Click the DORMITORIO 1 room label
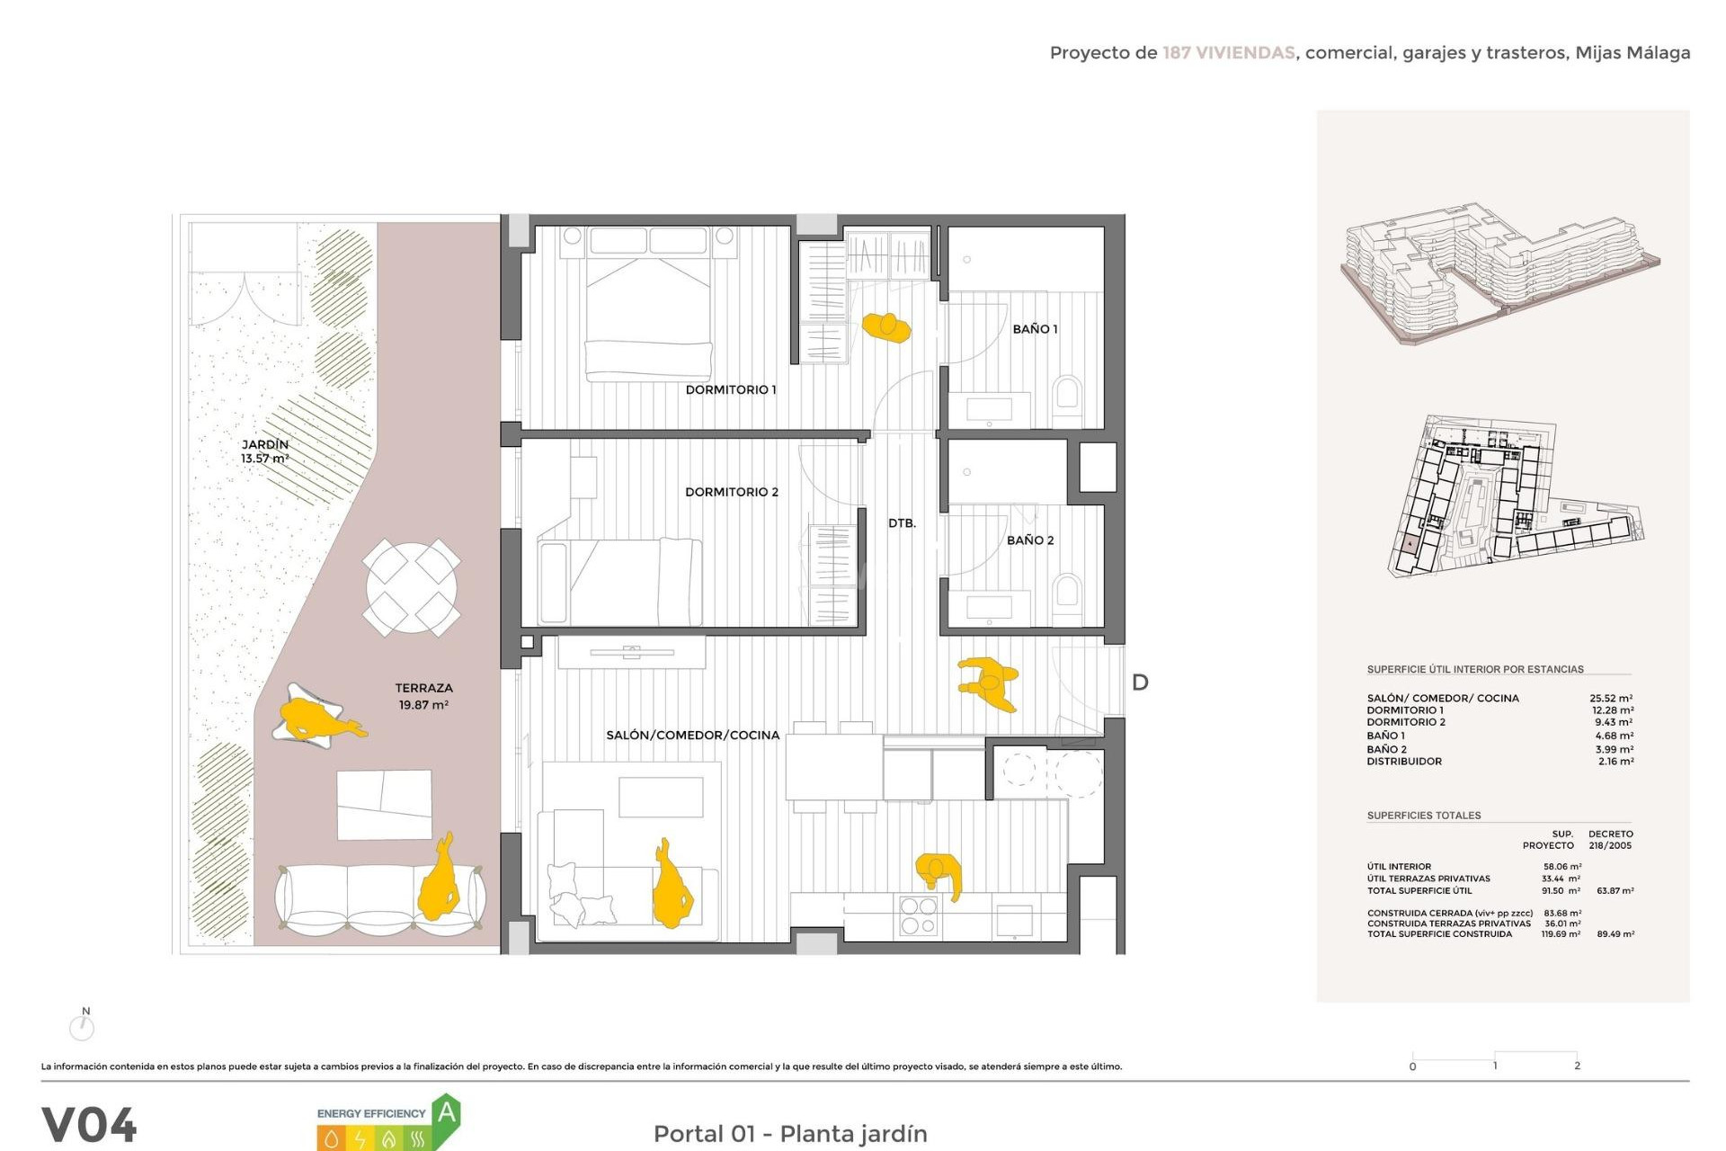(730, 389)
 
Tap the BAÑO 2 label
(1029, 540)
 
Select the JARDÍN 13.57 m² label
(264, 451)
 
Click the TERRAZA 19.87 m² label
(423, 696)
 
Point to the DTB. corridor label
(902, 523)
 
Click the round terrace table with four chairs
(412, 587)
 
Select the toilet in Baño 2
(1067, 593)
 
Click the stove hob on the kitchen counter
(919, 916)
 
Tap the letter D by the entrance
(1140, 683)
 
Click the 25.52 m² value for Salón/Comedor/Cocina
(1611, 698)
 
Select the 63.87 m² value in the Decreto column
(1615, 891)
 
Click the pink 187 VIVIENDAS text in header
(1228, 53)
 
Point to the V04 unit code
(89, 1125)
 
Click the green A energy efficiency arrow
(446, 1114)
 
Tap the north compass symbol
(82, 1025)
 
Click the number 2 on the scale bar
(1577, 1066)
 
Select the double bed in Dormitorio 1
(648, 306)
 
